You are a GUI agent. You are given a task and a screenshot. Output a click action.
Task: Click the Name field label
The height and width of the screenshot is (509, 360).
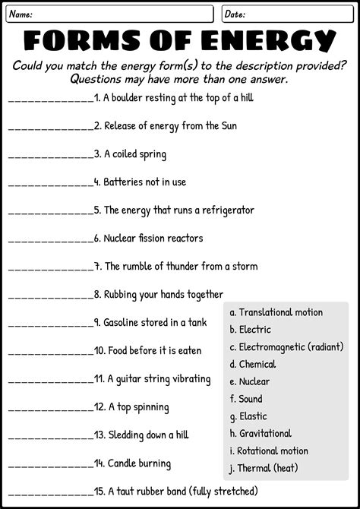tap(21, 14)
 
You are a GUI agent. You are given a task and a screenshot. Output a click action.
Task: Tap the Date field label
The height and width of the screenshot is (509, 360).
tap(235, 14)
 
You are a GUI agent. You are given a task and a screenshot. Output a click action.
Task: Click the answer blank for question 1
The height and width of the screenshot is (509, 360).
tap(50, 100)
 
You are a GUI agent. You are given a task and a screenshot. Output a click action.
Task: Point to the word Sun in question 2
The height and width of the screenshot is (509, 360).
tap(228, 125)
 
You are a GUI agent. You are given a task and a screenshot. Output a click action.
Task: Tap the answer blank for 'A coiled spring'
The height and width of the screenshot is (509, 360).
tap(50, 156)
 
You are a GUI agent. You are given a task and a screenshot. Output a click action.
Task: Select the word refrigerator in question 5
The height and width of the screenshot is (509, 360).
tap(222, 210)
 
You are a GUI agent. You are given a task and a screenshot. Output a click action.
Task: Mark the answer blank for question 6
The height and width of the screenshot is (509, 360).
tap(50, 240)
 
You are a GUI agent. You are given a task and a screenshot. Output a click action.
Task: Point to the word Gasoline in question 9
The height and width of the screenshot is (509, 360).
tap(125, 323)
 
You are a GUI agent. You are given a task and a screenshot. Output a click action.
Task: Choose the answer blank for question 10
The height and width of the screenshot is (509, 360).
tap(50, 353)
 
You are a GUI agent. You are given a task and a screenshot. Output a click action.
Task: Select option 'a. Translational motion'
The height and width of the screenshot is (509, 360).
tap(276, 312)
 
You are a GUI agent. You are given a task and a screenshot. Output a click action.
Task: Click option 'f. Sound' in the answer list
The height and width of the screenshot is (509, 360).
tap(246, 399)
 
